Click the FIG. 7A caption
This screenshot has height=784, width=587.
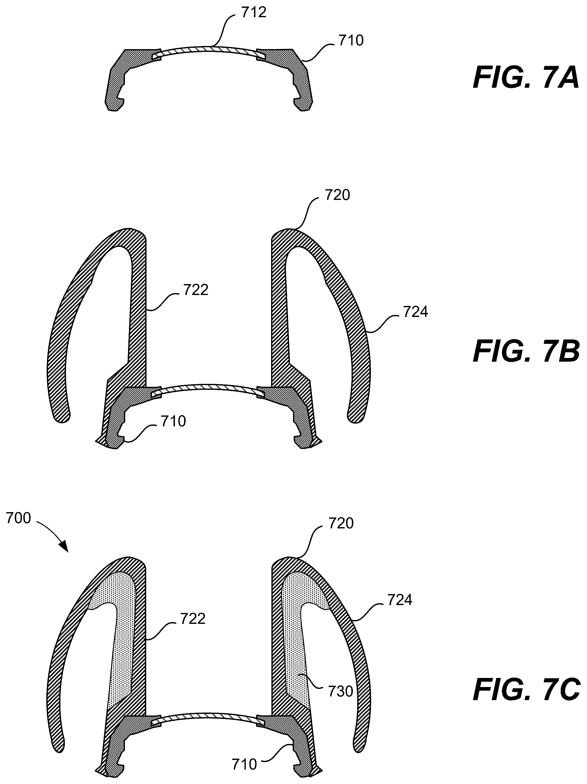(x=526, y=79)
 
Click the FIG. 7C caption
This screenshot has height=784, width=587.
(x=527, y=689)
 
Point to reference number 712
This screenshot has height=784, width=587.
(x=254, y=13)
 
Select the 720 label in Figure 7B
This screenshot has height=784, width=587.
(x=337, y=195)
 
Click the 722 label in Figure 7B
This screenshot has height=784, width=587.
(x=195, y=290)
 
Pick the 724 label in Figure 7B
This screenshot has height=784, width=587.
(x=415, y=312)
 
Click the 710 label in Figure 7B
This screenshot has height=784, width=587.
(x=173, y=421)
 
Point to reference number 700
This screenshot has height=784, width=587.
(x=18, y=518)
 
